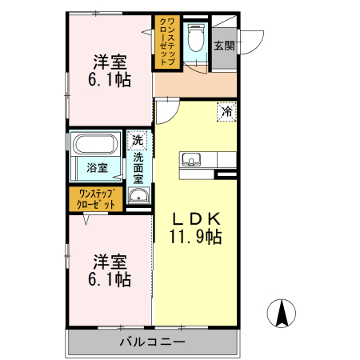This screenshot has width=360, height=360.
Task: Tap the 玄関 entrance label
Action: click(x=225, y=46)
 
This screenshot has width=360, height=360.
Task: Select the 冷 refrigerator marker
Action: click(x=226, y=112)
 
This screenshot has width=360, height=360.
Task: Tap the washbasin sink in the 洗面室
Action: click(x=138, y=194)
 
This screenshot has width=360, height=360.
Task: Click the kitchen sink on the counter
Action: click(x=192, y=158)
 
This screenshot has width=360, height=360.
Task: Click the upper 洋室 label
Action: click(x=110, y=61)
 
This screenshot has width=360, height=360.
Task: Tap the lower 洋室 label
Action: click(x=110, y=262)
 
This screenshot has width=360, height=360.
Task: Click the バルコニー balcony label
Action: click(x=152, y=342)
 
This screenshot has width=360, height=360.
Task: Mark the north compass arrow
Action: click(x=282, y=313)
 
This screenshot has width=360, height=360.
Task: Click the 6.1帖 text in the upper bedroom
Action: click(x=110, y=80)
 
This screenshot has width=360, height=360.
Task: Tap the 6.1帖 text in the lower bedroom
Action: click(x=110, y=280)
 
